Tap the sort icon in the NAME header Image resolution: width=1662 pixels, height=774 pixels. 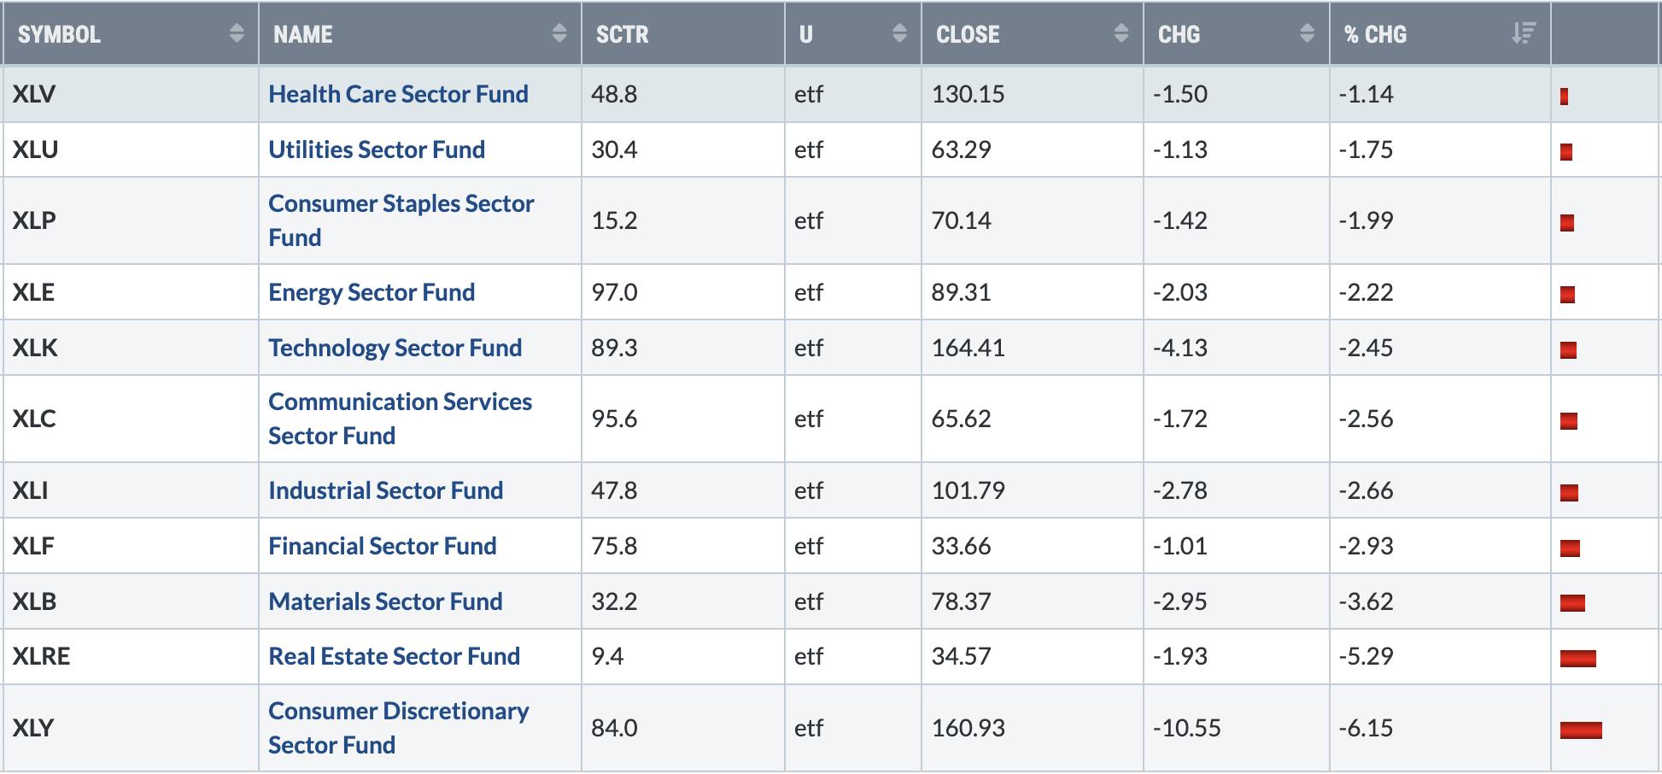pos(559,33)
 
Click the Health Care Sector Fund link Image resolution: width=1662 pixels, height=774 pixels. pos(398,94)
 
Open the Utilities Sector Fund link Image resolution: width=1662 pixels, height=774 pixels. pos(377,150)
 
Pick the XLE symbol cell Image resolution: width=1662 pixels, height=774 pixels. pos(33,292)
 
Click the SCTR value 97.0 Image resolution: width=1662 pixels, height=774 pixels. pos(614,292)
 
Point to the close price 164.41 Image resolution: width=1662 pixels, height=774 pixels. pos(968,348)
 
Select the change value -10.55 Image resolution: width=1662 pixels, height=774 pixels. pos(1186,728)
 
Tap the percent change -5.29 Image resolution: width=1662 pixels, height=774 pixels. pos(1366,656)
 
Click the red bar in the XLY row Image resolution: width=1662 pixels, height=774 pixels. pos(1581,730)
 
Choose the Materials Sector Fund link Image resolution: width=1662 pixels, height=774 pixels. pos(385,601)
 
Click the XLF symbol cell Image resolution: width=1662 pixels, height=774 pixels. pos(33,546)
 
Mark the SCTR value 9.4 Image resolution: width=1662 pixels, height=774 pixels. pos(607,656)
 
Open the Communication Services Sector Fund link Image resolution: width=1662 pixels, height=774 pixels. pos(400,419)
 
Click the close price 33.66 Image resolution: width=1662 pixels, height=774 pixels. pos(961,546)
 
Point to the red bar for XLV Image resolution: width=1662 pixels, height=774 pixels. pos(1564,97)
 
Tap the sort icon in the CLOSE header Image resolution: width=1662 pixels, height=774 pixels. pos(1121,33)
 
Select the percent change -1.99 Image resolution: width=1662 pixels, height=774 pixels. pos(1366,220)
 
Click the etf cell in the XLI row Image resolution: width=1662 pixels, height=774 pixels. pos(809,490)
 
